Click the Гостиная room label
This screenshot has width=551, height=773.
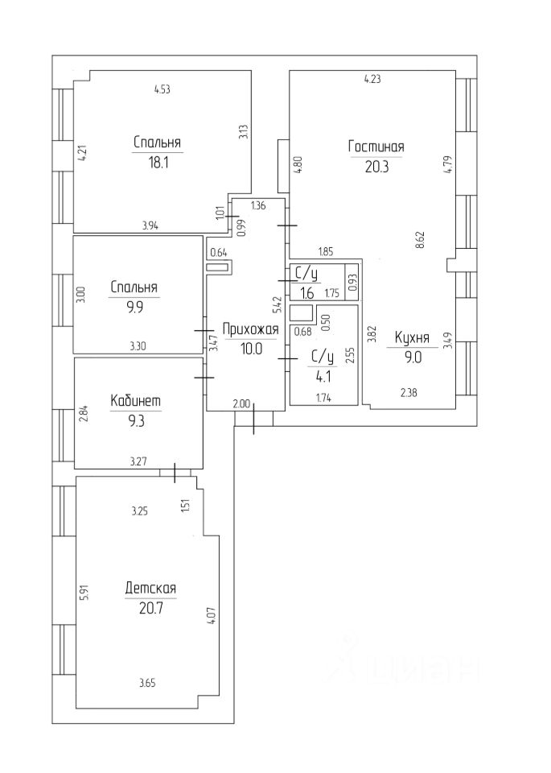(376, 147)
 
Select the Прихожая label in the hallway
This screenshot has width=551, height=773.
(250, 329)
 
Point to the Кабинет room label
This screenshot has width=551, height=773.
(136, 400)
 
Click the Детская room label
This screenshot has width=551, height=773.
(150, 589)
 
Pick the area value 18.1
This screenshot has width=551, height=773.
(158, 161)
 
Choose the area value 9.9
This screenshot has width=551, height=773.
(134, 306)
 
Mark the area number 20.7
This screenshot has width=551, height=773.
(150, 608)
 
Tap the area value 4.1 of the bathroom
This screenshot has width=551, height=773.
(322, 373)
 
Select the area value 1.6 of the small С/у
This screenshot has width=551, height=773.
(307, 294)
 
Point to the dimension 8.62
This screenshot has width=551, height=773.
(420, 240)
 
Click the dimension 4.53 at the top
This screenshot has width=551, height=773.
(162, 89)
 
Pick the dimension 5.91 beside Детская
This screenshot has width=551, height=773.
(83, 594)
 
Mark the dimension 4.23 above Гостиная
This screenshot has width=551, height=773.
(372, 79)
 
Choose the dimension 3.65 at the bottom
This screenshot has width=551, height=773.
(146, 683)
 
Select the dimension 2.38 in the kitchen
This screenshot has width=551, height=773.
(408, 394)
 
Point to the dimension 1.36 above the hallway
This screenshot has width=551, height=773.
(258, 205)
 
